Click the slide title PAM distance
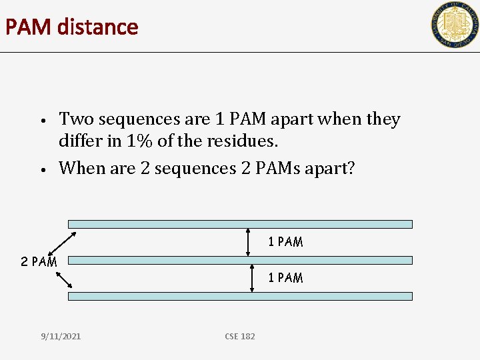tap(71, 27)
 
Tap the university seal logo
tap(454, 25)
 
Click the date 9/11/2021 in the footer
tap(60, 336)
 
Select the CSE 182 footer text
tap(240, 336)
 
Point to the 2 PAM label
tap(39, 262)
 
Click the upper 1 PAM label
tap(285, 242)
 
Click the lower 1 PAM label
tap(285, 277)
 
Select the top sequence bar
tap(240, 225)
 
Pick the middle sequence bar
tap(240, 260)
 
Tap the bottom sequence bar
tap(240, 296)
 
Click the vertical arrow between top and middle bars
tap(251, 242)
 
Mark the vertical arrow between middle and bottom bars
tap(251, 277)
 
